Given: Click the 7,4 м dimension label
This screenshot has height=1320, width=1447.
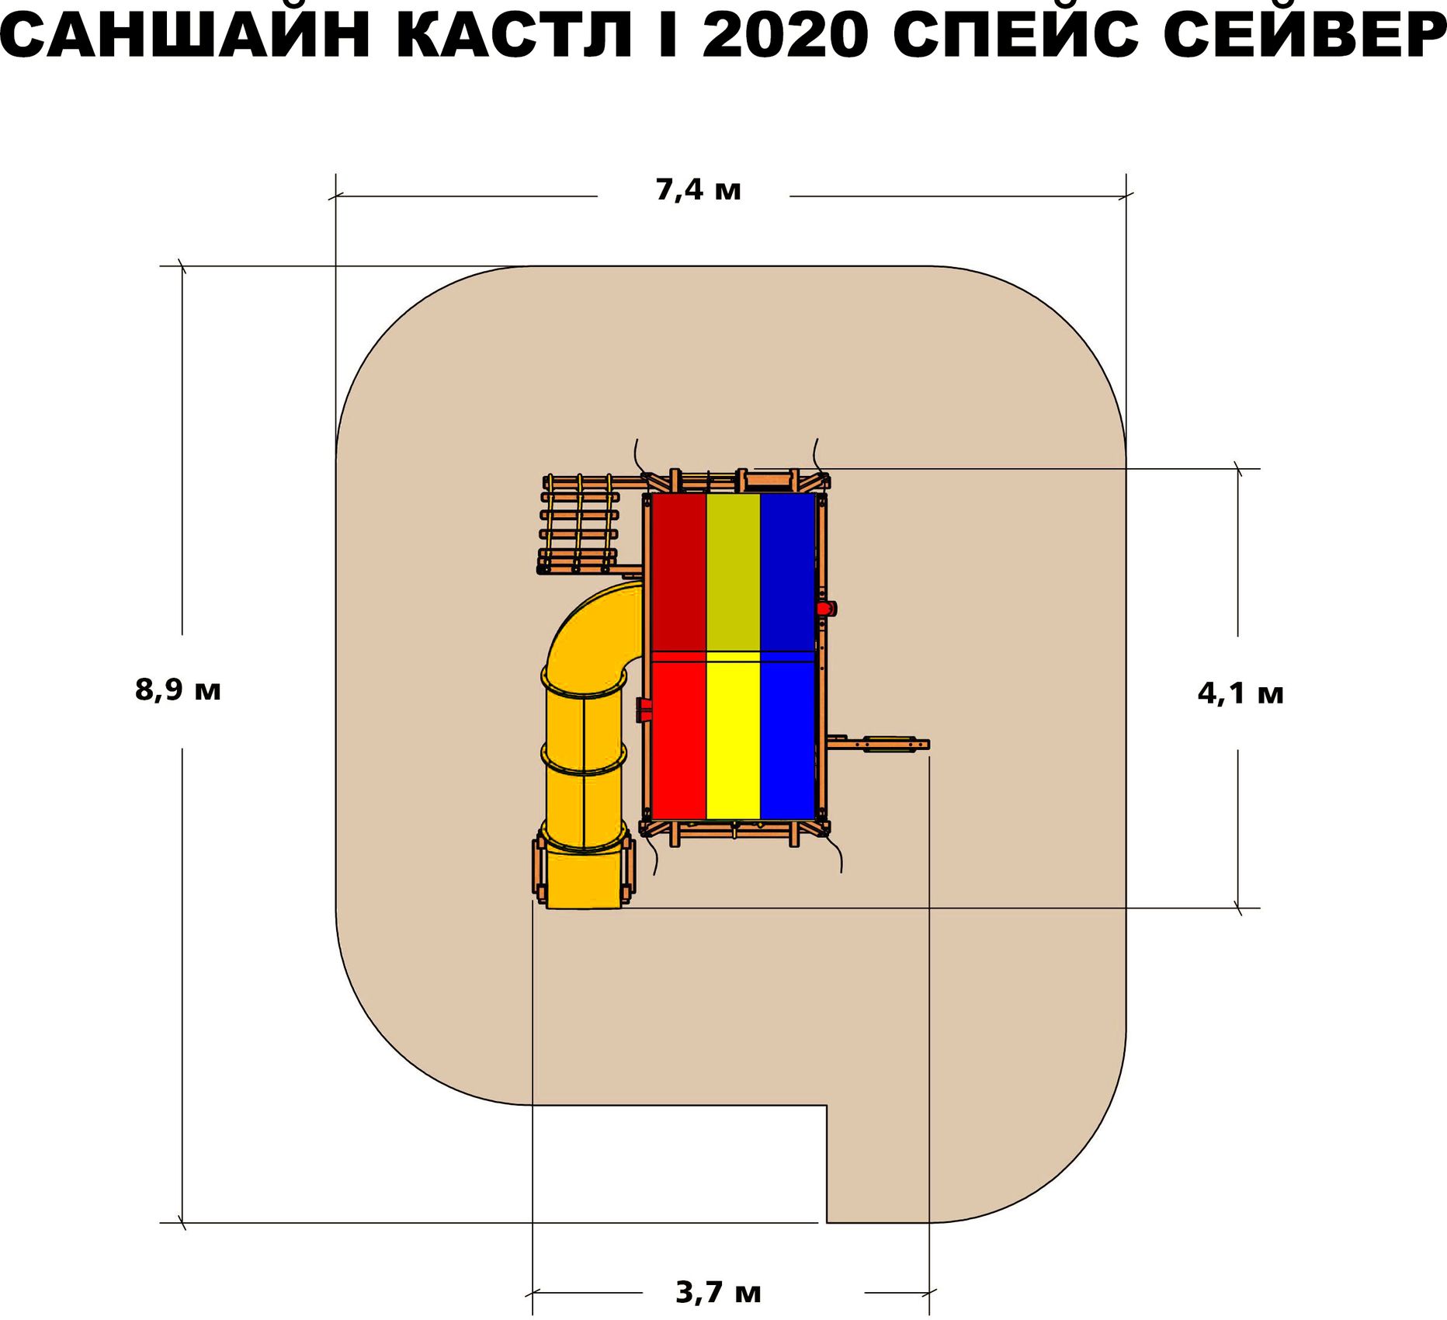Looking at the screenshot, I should click(x=698, y=189).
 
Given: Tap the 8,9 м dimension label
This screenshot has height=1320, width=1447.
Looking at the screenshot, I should click(x=178, y=690).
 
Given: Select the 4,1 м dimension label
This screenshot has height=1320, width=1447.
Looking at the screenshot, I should click(x=1241, y=693).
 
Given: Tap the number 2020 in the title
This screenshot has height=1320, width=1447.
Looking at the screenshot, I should click(x=785, y=36).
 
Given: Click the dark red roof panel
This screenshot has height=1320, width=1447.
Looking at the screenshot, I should click(x=678, y=571).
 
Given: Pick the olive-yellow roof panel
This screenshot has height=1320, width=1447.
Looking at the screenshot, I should click(x=733, y=571).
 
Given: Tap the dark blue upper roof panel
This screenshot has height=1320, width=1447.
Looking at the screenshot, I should click(x=787, y=571).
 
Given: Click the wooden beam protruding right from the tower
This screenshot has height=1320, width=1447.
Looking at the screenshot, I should click(x=881, y=745).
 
